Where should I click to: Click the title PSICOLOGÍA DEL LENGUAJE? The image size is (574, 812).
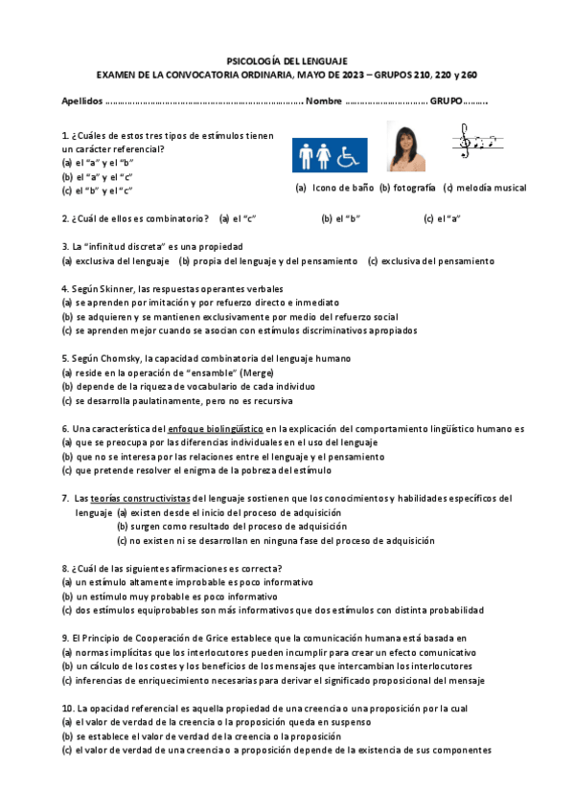287,59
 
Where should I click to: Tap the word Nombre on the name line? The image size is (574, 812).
323,101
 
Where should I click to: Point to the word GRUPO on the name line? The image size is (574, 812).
447,101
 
